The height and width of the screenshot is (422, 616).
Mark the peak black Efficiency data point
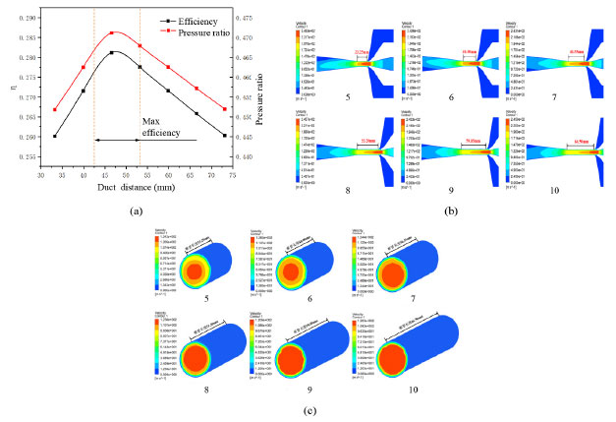[x=112, y=52]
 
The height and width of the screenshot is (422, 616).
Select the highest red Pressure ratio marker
[x=112, y=32]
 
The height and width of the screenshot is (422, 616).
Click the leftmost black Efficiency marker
[x=54, y=136]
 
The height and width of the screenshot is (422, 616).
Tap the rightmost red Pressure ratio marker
[x=226, y=109]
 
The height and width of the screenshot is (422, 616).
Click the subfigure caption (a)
[x=136, y=210]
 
